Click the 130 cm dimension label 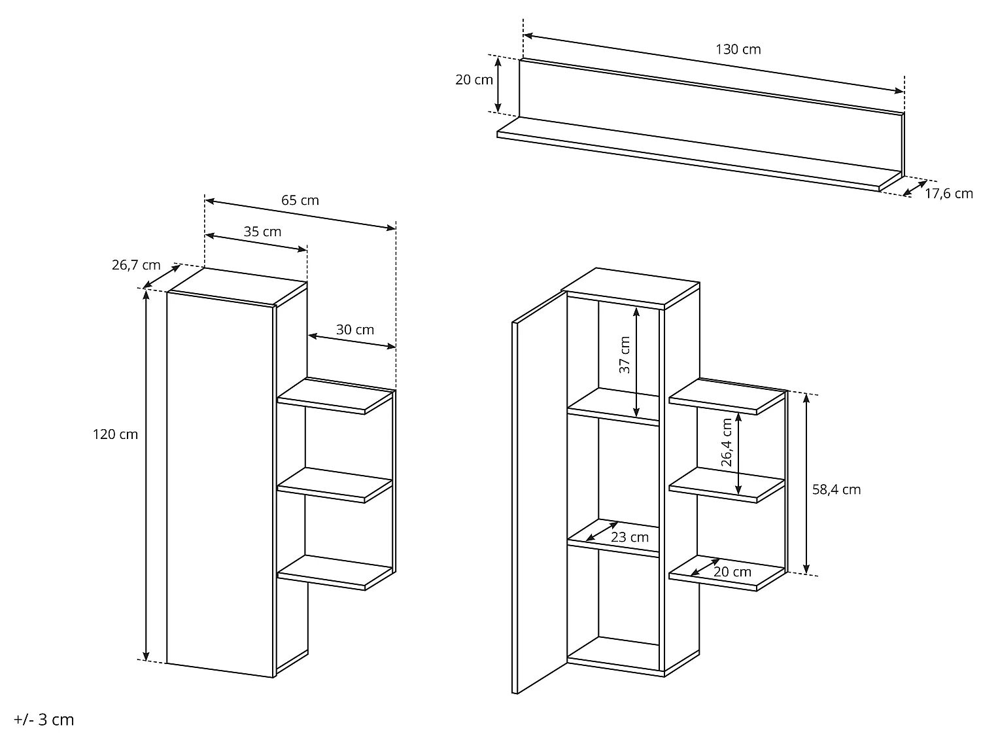pos(738,50)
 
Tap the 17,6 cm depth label pos(948,194)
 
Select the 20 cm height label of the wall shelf pos(473,80)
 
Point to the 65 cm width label pos(300,200)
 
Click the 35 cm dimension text pos(262,232)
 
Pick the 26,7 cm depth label pos(136,265)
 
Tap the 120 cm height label pos(115,434)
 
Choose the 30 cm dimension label pos(354,330)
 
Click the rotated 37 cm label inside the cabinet pos(625,355)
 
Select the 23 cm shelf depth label pos(630,538)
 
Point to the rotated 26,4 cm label pos(727,442)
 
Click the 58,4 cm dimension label pos(836,489)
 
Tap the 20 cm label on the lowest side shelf pos(732,572)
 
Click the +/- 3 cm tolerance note pos(44,720)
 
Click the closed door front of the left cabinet pos(220,484)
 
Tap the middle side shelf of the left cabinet pos(335,485)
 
